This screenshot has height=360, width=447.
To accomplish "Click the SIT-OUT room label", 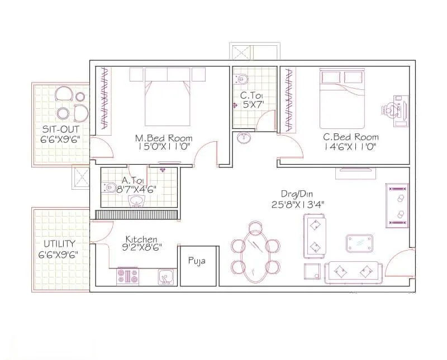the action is pyautogui.click(x=60, y=129).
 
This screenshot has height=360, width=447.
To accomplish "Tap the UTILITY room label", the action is pyautogui.click(x=60, y=244).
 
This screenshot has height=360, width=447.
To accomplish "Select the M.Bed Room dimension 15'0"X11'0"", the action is pyautogui.click(x=164, y=147).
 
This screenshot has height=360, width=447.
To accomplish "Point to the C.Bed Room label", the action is pyautogui.click(x=351, y=137).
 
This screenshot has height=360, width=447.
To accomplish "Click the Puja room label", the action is pyautogui.click(x=197, y=261).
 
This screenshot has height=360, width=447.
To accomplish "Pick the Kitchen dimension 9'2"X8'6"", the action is pyautogui.click(x=142, y=247).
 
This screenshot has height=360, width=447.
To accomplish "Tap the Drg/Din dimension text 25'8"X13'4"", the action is pyautogui.click(x=298, y=204).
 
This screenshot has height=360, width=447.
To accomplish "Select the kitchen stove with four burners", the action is pyautogui.click(x=127, y=276).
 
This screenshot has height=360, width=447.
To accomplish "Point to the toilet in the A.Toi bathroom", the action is pyautogui.click(x=108, y=187).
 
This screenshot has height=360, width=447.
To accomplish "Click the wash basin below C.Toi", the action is pyautogui.click(x=244, y=138).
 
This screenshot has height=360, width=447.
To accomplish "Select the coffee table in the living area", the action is pyautogui.click(x=359, y=243).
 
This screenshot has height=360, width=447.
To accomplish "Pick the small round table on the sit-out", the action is pyautogui.click(x=80, y=97).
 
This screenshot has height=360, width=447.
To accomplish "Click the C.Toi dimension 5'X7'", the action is pyautogui.click(x=253, y=104).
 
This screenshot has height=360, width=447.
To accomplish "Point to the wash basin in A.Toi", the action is pyautogui.click(x=137, y=201).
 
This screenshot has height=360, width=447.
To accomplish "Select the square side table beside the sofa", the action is pyautogui.click(x=313, y=271).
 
